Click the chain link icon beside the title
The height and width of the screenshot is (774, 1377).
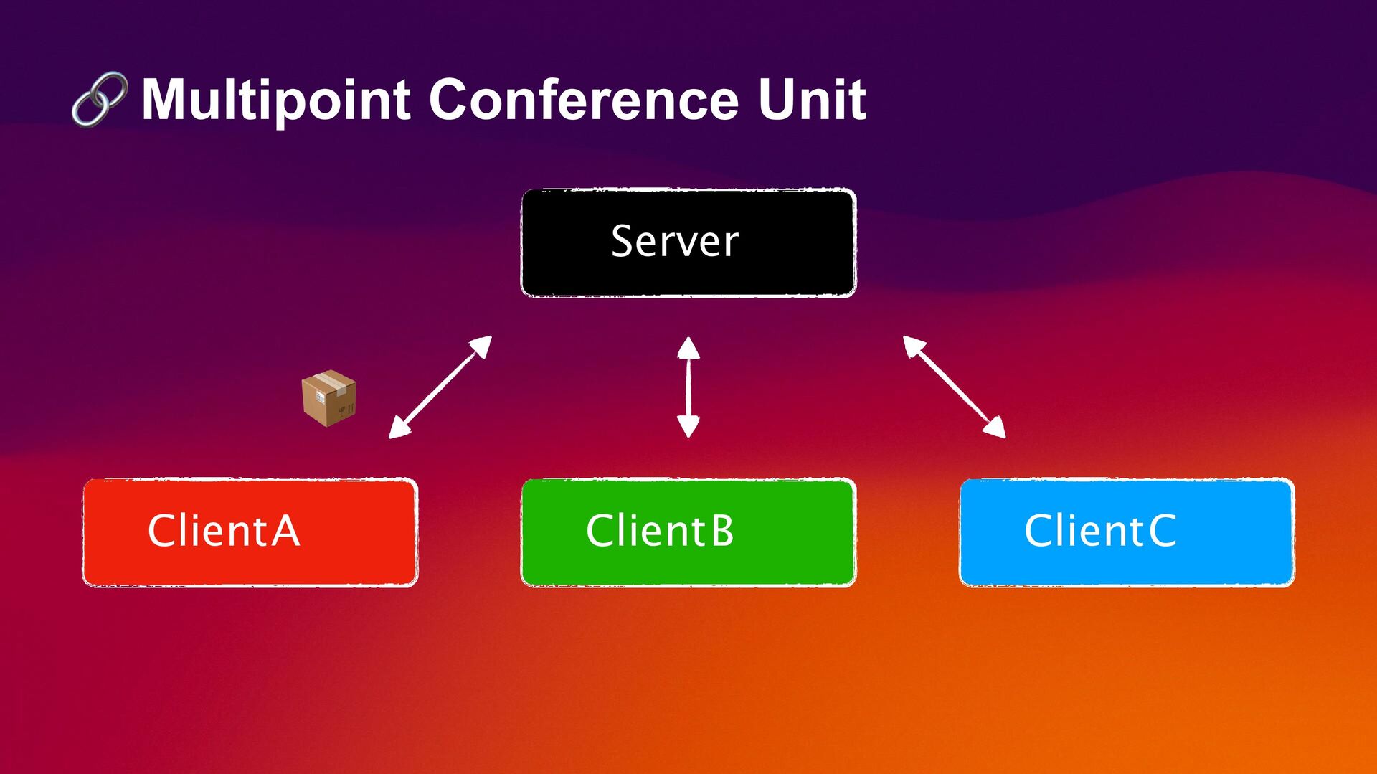click(100, 99)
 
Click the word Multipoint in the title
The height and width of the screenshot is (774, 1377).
click(275, 100)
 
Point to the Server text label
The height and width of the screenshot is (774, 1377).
click(674, 241)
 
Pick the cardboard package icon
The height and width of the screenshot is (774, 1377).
click(328, 398)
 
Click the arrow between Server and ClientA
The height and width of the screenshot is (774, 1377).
click(440, 387)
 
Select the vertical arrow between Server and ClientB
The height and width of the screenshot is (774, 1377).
click(688, 387)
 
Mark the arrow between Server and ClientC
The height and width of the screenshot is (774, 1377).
click(954, 387)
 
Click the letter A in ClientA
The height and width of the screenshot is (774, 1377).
click(285, 531)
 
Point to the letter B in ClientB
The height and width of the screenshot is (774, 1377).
click(722, 531)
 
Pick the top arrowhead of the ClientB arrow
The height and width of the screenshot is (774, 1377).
click(688, 349)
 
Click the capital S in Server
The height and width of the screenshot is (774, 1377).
click(623, 241)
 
